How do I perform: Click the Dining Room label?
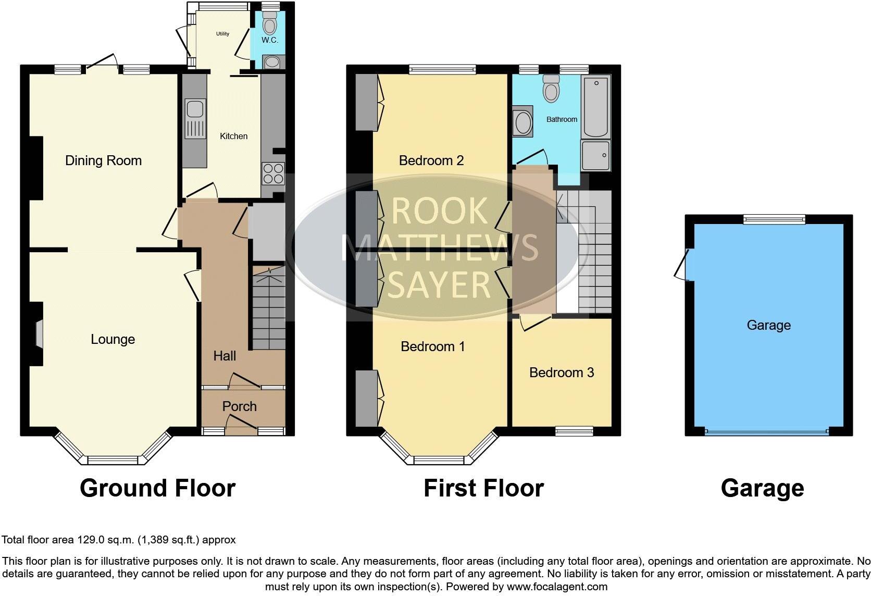103,160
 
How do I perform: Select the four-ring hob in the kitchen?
273,173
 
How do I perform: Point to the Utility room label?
222,34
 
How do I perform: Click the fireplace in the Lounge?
39,333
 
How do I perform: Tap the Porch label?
239,406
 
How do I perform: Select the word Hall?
225,356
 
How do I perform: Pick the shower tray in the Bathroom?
595,155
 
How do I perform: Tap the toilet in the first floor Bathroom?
551,89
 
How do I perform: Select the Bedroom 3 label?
561,372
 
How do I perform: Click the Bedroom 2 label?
431,160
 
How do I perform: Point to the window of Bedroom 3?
574,430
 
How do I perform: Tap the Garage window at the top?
774,219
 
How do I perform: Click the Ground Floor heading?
157,488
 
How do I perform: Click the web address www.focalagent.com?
557,587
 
